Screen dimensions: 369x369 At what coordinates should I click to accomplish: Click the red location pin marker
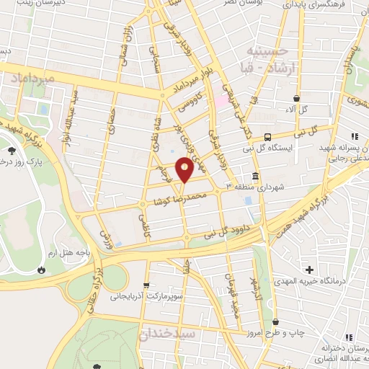(x=185, y=169)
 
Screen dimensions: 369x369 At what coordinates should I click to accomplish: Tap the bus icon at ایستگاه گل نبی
(x=267, y=137)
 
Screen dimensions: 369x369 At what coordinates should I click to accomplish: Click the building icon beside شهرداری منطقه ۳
(x=255, y=176)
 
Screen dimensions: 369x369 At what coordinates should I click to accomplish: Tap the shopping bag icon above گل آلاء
(x=296, y=98)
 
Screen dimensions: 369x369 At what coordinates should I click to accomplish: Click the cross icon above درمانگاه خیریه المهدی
(x=309, y=269)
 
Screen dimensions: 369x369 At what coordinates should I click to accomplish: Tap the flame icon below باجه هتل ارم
(x=42, y=270)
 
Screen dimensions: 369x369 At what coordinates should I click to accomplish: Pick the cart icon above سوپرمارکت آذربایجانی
(x=147, y=285)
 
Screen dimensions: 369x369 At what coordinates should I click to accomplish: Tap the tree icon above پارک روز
(x=12, y=151)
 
